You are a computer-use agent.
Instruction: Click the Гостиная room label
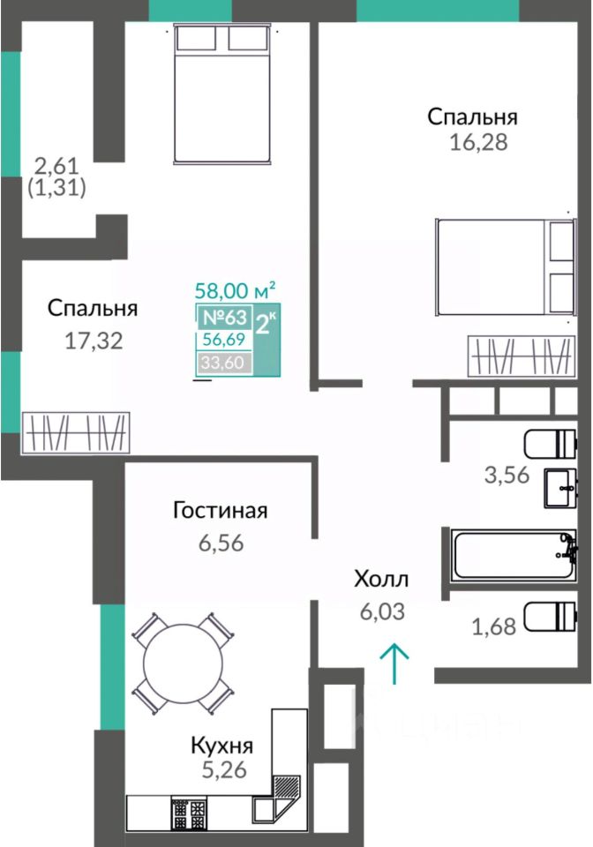[x=221, y=510]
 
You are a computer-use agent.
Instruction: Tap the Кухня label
[x=222, y=746]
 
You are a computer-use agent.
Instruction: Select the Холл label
[x=381, y=579]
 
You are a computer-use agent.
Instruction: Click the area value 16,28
[x=478, y=142]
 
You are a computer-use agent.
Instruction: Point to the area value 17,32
[x=94, y=341]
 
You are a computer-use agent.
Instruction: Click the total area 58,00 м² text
[x=236, y=290]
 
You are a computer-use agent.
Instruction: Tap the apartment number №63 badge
[x=224, y=317]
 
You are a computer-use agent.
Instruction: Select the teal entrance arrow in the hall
[x=394, y=663]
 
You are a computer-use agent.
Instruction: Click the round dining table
[x=183, y=663]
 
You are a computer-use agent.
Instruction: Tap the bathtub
[x=513, y=555]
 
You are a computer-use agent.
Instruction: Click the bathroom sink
[x=561, y=488]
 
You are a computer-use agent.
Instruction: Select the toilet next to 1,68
[x=551, y=617]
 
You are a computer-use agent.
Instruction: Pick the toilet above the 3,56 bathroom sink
[x=551, y=444]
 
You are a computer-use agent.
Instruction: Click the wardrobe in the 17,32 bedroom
[x=76, y=432]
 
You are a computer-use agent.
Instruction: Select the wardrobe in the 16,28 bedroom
[x=522, y=356]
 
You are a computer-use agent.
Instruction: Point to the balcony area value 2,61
[x=56, y=165]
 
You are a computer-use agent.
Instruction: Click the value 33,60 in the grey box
[x=222, y=362]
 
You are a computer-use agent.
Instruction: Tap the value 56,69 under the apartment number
[x=223, y=339]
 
